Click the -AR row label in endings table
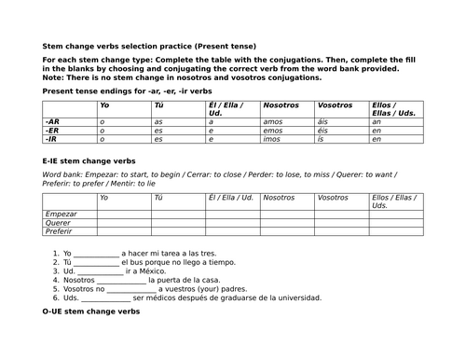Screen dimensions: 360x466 (x=52, y=121)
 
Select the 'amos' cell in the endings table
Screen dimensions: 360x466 (x=273, y=121)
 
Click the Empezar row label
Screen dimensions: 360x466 (x=60, y=214)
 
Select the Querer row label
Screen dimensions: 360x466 (x=58, y=223)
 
